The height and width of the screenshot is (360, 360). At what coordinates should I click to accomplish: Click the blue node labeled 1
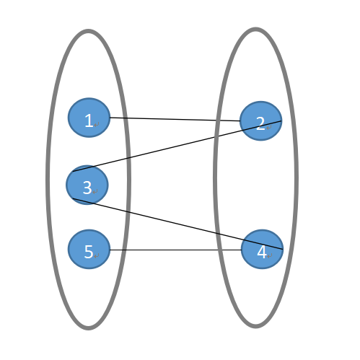pos(89,118)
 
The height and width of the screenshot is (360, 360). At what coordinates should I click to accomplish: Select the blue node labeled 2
pos(260,121)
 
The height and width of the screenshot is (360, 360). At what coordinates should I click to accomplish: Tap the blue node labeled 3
pos(87,185)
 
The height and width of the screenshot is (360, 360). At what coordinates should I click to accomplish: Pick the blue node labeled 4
pos(262,249)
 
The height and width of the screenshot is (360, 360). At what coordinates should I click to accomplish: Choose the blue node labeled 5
pos(89,249)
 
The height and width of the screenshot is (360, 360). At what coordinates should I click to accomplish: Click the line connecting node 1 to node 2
pos(175,119)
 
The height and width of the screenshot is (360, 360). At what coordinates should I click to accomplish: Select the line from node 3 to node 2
pos(177,146)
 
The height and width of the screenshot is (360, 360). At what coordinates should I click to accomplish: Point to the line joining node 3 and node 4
pos(177,224)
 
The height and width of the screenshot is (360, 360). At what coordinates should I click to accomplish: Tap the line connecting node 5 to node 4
pos(175,250)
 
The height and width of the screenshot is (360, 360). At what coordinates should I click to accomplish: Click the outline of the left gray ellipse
pos(48,180)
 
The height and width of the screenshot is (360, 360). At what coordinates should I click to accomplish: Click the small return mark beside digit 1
pos(97,125)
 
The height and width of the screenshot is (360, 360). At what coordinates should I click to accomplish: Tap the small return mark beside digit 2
pos(268,128)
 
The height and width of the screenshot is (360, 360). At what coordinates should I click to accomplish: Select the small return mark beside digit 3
pos(95,192)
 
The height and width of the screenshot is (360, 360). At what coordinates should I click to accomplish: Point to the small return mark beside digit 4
pos(270,256)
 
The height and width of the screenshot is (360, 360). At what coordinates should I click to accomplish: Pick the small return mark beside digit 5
pos(97,256)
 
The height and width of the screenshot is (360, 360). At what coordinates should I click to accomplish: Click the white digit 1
pos(89,120)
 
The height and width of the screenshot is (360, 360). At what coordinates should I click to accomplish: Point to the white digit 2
pos(260,123)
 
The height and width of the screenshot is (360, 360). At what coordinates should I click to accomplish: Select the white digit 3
pos(87,188)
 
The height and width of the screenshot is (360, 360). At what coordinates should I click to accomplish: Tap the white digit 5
pos(89,252)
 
